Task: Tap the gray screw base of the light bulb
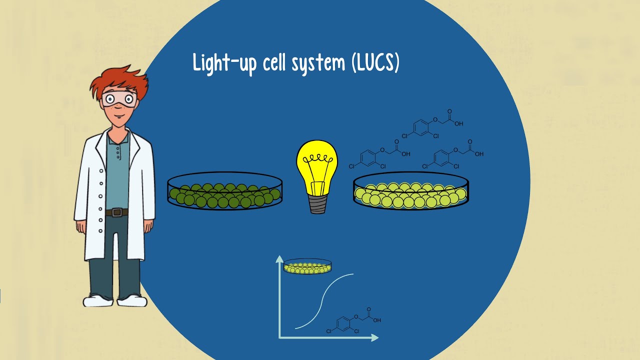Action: coord(317,204)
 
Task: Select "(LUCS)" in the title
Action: coord(375,63)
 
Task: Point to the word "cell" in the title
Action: coord(274,63)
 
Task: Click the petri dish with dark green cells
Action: coord(225,190)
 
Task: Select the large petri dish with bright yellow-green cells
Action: coord(411,190)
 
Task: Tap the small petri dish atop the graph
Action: coord(307,266)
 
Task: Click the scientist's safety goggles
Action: coord(119,99)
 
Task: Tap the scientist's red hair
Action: coord(120,80)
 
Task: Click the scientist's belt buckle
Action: coord(116,212)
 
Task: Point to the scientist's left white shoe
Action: coord(132,301)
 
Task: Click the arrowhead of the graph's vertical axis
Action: coord(279,259)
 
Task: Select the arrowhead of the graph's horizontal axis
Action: coord(375,337)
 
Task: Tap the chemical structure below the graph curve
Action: coord(353,320)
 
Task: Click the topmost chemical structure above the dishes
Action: coord(432,124)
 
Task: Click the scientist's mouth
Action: coord(119,116)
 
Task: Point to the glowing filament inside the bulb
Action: coord(317,158)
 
